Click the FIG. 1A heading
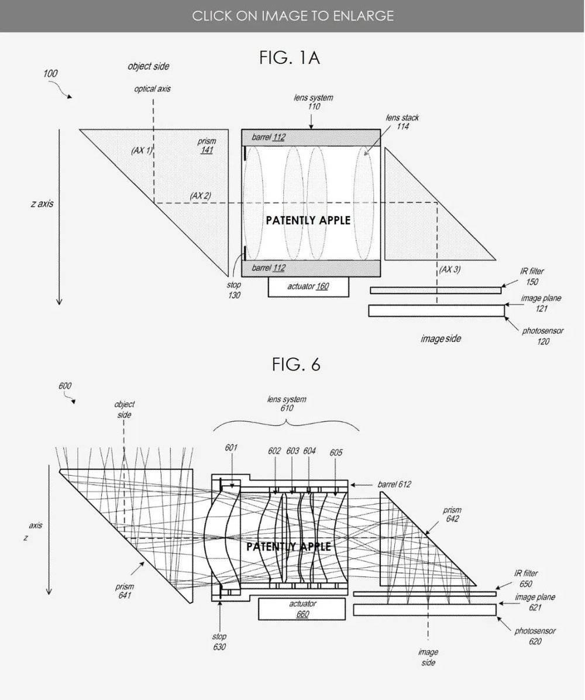tap(290, 58)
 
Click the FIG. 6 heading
tap(296, 365)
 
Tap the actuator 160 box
tap(308, 287)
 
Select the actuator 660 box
tap(302, 609)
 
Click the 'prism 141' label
tap(207, 146)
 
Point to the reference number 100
tap(50, 73)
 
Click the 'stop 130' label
tap(234, 290)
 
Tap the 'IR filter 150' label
tap(532, 276)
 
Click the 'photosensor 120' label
tap(543, 336)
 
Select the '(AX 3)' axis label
tap(450, 269)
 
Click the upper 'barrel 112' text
tap(268, 137)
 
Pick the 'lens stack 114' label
tap(402, 122)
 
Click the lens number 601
tap(231, 447)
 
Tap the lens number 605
tap(336, 452)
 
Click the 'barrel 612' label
tap(394, 485)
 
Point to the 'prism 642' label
tap(452, 514)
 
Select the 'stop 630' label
tap(219, 641)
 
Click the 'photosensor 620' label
tap(535, 636)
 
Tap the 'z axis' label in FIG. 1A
tap(42, 204)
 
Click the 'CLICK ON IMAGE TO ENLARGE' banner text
tap(292, 16)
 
